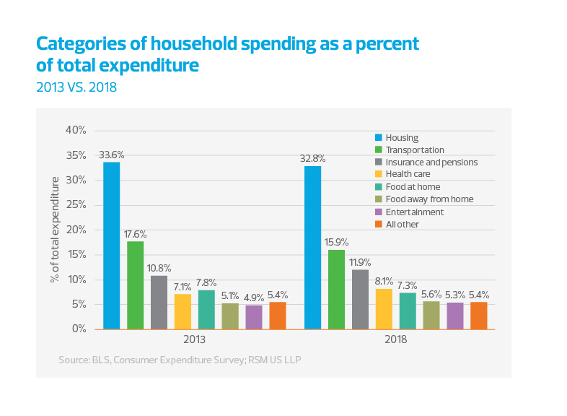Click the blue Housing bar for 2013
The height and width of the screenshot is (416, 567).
point(112,246)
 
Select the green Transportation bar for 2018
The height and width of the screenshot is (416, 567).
point(336,290)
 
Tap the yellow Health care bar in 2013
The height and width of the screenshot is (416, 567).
point(183,311)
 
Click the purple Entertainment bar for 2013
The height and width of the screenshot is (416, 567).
point(253,316)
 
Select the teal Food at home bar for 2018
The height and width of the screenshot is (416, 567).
point(408,311)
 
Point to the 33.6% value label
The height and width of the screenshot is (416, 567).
point(112,155)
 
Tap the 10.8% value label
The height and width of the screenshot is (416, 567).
point(159,268)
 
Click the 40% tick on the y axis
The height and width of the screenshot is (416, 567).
point(76,130)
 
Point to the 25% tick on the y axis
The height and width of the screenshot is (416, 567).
point(76,204)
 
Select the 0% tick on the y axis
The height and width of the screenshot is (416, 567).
point(78,329)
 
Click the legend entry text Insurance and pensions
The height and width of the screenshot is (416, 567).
point(431,162)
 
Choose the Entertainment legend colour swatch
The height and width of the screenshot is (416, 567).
point(378,212)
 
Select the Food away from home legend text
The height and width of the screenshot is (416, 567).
point(429,199)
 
